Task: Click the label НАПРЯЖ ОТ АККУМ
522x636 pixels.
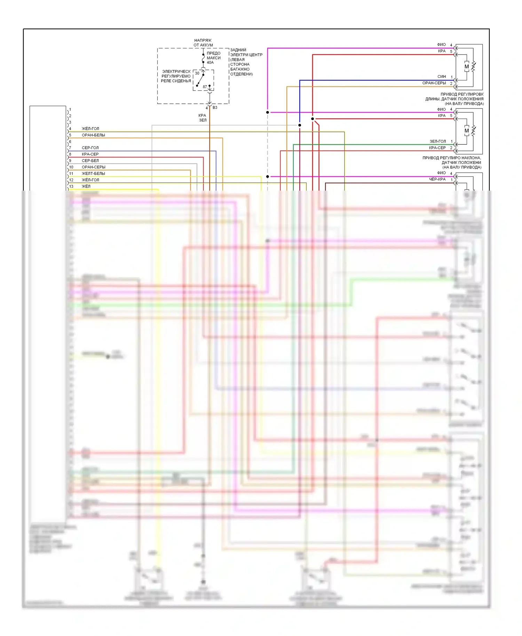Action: [203, 43]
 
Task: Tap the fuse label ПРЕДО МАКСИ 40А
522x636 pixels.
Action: [213, 58]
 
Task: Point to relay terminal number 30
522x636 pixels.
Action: [197, 73]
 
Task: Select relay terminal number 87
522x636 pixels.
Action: [205, 87]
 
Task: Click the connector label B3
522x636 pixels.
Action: [215, 108]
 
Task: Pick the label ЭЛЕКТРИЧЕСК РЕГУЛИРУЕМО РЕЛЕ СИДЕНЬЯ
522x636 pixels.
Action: [176, 76]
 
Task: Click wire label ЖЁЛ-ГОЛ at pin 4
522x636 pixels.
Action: [90, 129]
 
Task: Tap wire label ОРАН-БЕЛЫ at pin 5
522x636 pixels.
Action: [93, 135]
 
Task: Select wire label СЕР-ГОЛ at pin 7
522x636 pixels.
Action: [90, 148]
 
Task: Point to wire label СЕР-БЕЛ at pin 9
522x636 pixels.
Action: [90, 161]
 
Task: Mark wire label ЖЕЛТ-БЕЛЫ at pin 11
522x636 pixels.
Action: [93, 174]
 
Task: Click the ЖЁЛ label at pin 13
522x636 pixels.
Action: [86, 186]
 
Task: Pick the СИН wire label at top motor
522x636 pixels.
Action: [442, 77]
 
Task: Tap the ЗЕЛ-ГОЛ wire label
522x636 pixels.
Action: [437, 142]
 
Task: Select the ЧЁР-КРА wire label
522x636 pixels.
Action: [437, 180]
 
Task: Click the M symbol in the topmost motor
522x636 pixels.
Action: [467, 67]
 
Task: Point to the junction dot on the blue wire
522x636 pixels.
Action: [300, 125]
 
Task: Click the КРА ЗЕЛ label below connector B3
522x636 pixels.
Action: [203, 118]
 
